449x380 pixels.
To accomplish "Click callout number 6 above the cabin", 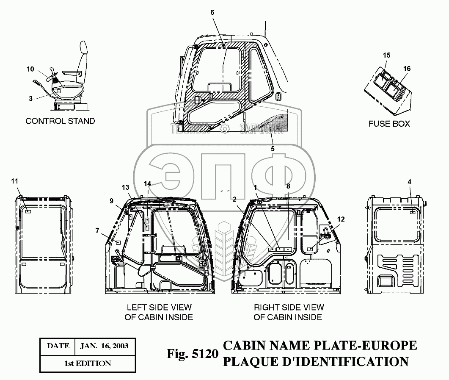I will click(x=212, y=12).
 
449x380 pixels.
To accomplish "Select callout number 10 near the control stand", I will click(x=30, y=69).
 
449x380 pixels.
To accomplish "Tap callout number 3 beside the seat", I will click(x=30, y=98).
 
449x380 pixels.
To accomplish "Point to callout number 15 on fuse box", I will click(x=386, y=55).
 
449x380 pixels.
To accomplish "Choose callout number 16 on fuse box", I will click(x=407, y=69).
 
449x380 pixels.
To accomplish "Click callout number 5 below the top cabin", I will click(x=273, y=149).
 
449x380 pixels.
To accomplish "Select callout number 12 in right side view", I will click(x=341, y=219).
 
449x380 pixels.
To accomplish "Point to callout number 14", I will click(x=147, y=184).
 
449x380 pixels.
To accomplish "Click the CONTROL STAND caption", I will click(x=61, y=121).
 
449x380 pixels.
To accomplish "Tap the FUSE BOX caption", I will click(x=389, y=124).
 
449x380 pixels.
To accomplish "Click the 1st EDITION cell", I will click(x=88, y=363).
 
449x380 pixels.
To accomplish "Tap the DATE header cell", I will click(x=58, y=346).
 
